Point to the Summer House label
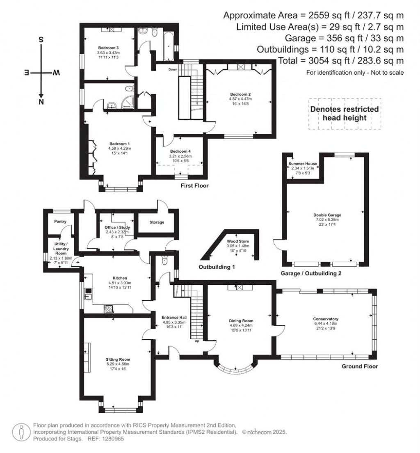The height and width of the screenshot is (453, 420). [x=303, y=163]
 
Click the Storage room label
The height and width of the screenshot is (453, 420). [x=157, y=222]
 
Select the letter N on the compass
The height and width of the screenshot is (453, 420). [x=41, y=102]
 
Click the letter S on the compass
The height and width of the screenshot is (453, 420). [x=41, y=40]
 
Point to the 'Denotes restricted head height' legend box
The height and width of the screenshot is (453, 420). [x=345, y=114]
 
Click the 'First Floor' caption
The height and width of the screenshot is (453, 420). [x=195, y=186]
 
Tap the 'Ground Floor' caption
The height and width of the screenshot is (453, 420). [x=360, y=366]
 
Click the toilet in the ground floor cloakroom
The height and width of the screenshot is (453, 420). [x=165, y=261]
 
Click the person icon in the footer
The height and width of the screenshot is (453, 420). [x=21, y=432]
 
